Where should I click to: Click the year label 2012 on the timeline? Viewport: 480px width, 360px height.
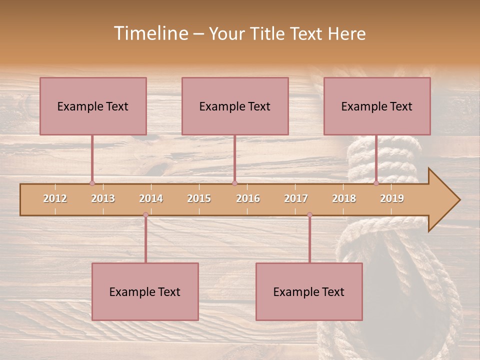pos(55,198)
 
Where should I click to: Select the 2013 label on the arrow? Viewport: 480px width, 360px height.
pos(103,198)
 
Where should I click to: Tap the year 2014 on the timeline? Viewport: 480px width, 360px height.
pos(151,198)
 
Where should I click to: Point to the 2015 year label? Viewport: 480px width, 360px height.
pos(199,198)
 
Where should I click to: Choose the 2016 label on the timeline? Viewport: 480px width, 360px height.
pos(248,198)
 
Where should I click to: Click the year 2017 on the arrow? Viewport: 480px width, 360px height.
pos(296,198)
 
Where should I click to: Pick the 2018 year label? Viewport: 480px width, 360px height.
pos(344,198)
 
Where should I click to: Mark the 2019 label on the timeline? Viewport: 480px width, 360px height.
pos(392,198)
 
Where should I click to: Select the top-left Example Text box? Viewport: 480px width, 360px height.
pos(93,106)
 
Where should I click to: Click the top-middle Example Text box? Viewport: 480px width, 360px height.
pos(235,106)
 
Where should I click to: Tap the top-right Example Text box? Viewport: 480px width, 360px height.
pos(377,106)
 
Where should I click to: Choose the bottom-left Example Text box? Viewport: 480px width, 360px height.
pos(145,291)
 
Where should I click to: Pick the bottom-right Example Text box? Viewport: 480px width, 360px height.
pos(309,291)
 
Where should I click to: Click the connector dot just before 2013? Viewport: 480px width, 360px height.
pos(92,183)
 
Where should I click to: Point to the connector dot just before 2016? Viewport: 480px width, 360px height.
pos(234,183)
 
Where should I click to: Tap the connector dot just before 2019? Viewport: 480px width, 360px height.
pos(376,183)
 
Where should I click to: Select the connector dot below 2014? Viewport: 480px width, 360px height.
pos(145,215)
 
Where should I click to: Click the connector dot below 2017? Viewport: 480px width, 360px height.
pos(309,215)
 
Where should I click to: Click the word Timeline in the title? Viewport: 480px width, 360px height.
pos(150,33)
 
